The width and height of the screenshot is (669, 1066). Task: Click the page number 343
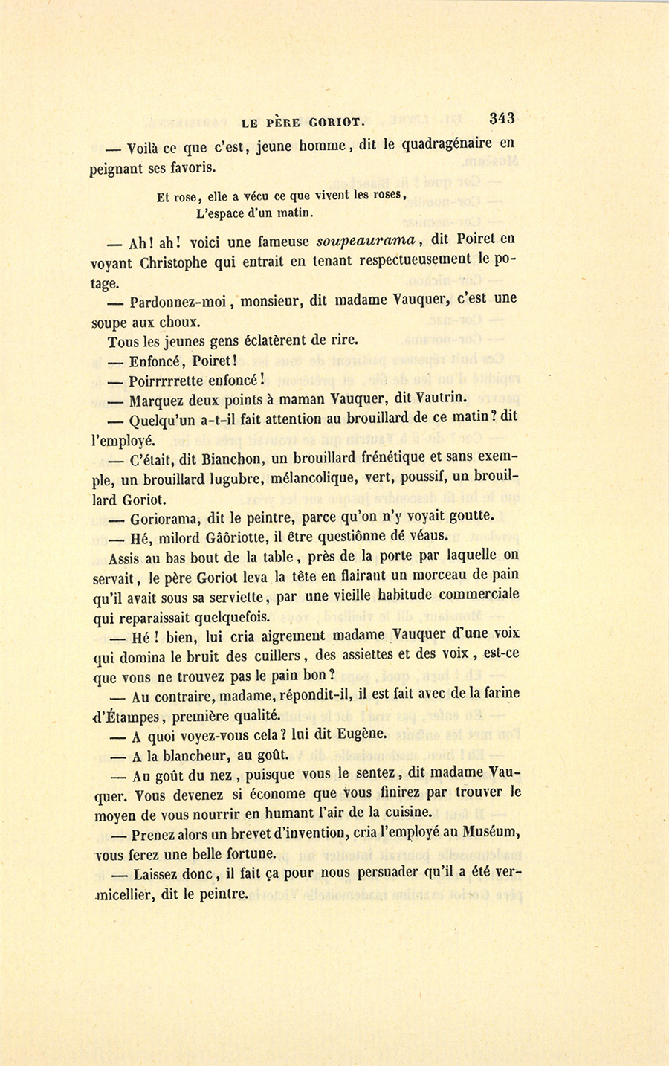[x=502, y=118]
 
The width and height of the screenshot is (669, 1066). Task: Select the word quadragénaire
[x=447, y=144]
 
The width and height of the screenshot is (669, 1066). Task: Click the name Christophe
[x=175, y=262]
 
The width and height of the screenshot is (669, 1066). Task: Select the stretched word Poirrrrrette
[x=173, y=381]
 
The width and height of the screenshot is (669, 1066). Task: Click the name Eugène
[x=362, y=734]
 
